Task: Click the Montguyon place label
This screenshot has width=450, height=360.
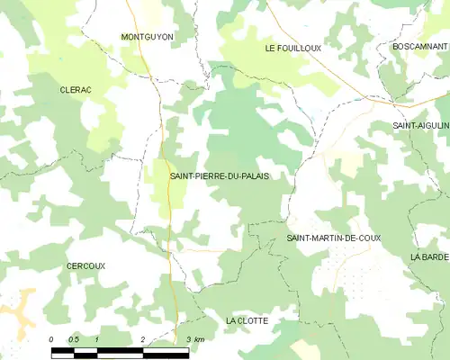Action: tap(147, 37)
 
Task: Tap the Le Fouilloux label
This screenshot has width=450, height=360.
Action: tap(292, 47)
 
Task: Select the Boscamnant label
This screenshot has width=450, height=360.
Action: tap(420, 46)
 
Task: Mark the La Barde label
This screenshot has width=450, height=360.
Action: tap(429, 256)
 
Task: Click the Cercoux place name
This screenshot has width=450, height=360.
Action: tap(85, 266)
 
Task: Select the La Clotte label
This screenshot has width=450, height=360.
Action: tap(247, 320)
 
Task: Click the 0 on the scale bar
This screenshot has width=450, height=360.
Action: tap(51, 338)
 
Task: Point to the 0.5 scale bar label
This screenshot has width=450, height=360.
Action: tap(74, 338)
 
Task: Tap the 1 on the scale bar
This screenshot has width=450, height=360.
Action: tap(97, 338)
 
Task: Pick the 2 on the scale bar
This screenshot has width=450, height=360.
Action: tap(143, 338)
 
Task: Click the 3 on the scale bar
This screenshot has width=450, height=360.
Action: tap(187, 338)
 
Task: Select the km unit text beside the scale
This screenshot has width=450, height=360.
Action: tap(199, 338)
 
